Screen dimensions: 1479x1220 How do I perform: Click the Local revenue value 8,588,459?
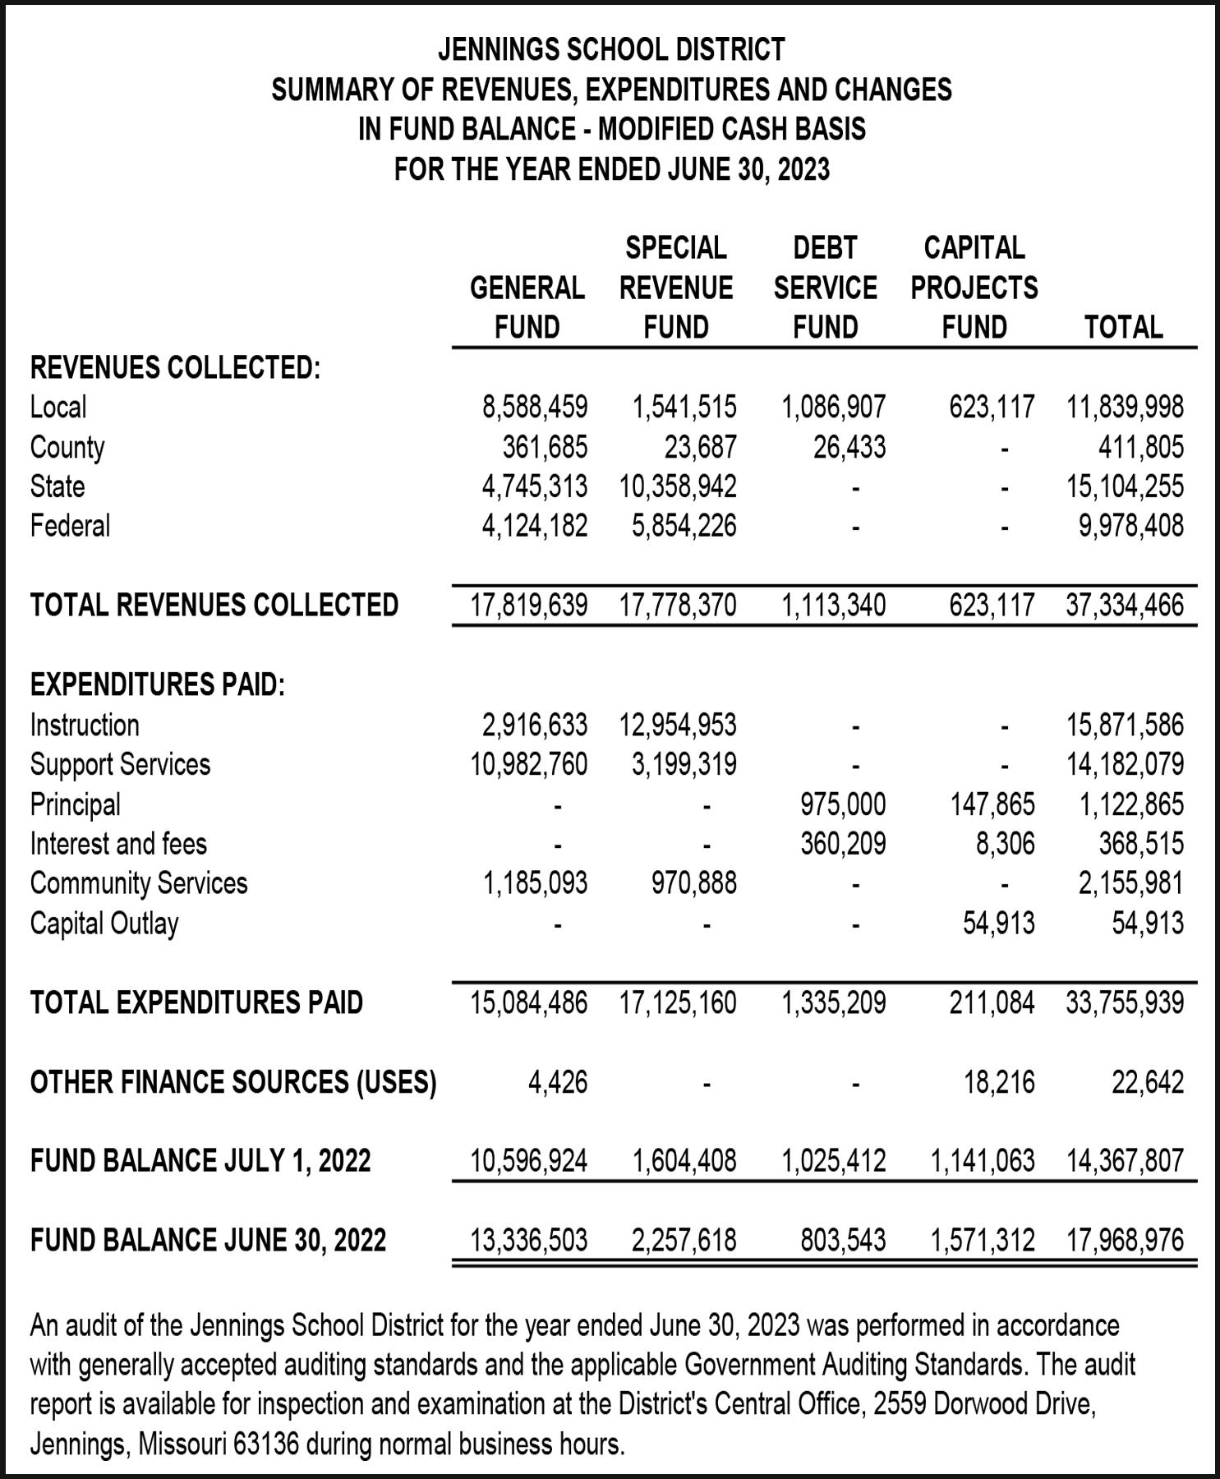(x=535, y=407)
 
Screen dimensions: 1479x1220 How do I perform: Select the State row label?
(x=58, y=486)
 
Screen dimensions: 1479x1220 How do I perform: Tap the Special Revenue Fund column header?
(x=676, y=288)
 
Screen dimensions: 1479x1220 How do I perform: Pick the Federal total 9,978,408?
(x=1131, y=526)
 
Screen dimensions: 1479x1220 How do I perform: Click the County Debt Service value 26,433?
(x=849, y=447)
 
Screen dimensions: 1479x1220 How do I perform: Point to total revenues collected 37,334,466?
(x=1125, y=606)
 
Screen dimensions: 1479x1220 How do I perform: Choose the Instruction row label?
(x=85, y=726)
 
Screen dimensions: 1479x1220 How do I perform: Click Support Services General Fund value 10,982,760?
(x=528, y=765)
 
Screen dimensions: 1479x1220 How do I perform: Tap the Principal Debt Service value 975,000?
(x=844, y=804)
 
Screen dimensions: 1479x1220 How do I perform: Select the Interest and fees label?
(x=118, y=844)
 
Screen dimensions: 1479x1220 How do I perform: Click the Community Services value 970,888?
(x=694, y=883)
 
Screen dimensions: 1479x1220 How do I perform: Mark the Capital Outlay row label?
(x=104, y=924)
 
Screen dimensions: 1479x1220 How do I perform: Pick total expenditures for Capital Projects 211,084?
(x=992, y=1002)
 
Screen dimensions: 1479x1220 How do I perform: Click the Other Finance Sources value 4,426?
(x=558, y=1082)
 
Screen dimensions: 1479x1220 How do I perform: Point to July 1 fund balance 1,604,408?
(x=684, y=1161)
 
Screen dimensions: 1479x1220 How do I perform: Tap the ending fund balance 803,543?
(x=844, y=1240)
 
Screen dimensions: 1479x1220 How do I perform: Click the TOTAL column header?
(x=1123, y=328)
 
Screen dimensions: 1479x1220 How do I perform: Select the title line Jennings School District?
(x=611, y=50)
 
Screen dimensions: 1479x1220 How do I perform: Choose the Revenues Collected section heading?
(x=175, y=367)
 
